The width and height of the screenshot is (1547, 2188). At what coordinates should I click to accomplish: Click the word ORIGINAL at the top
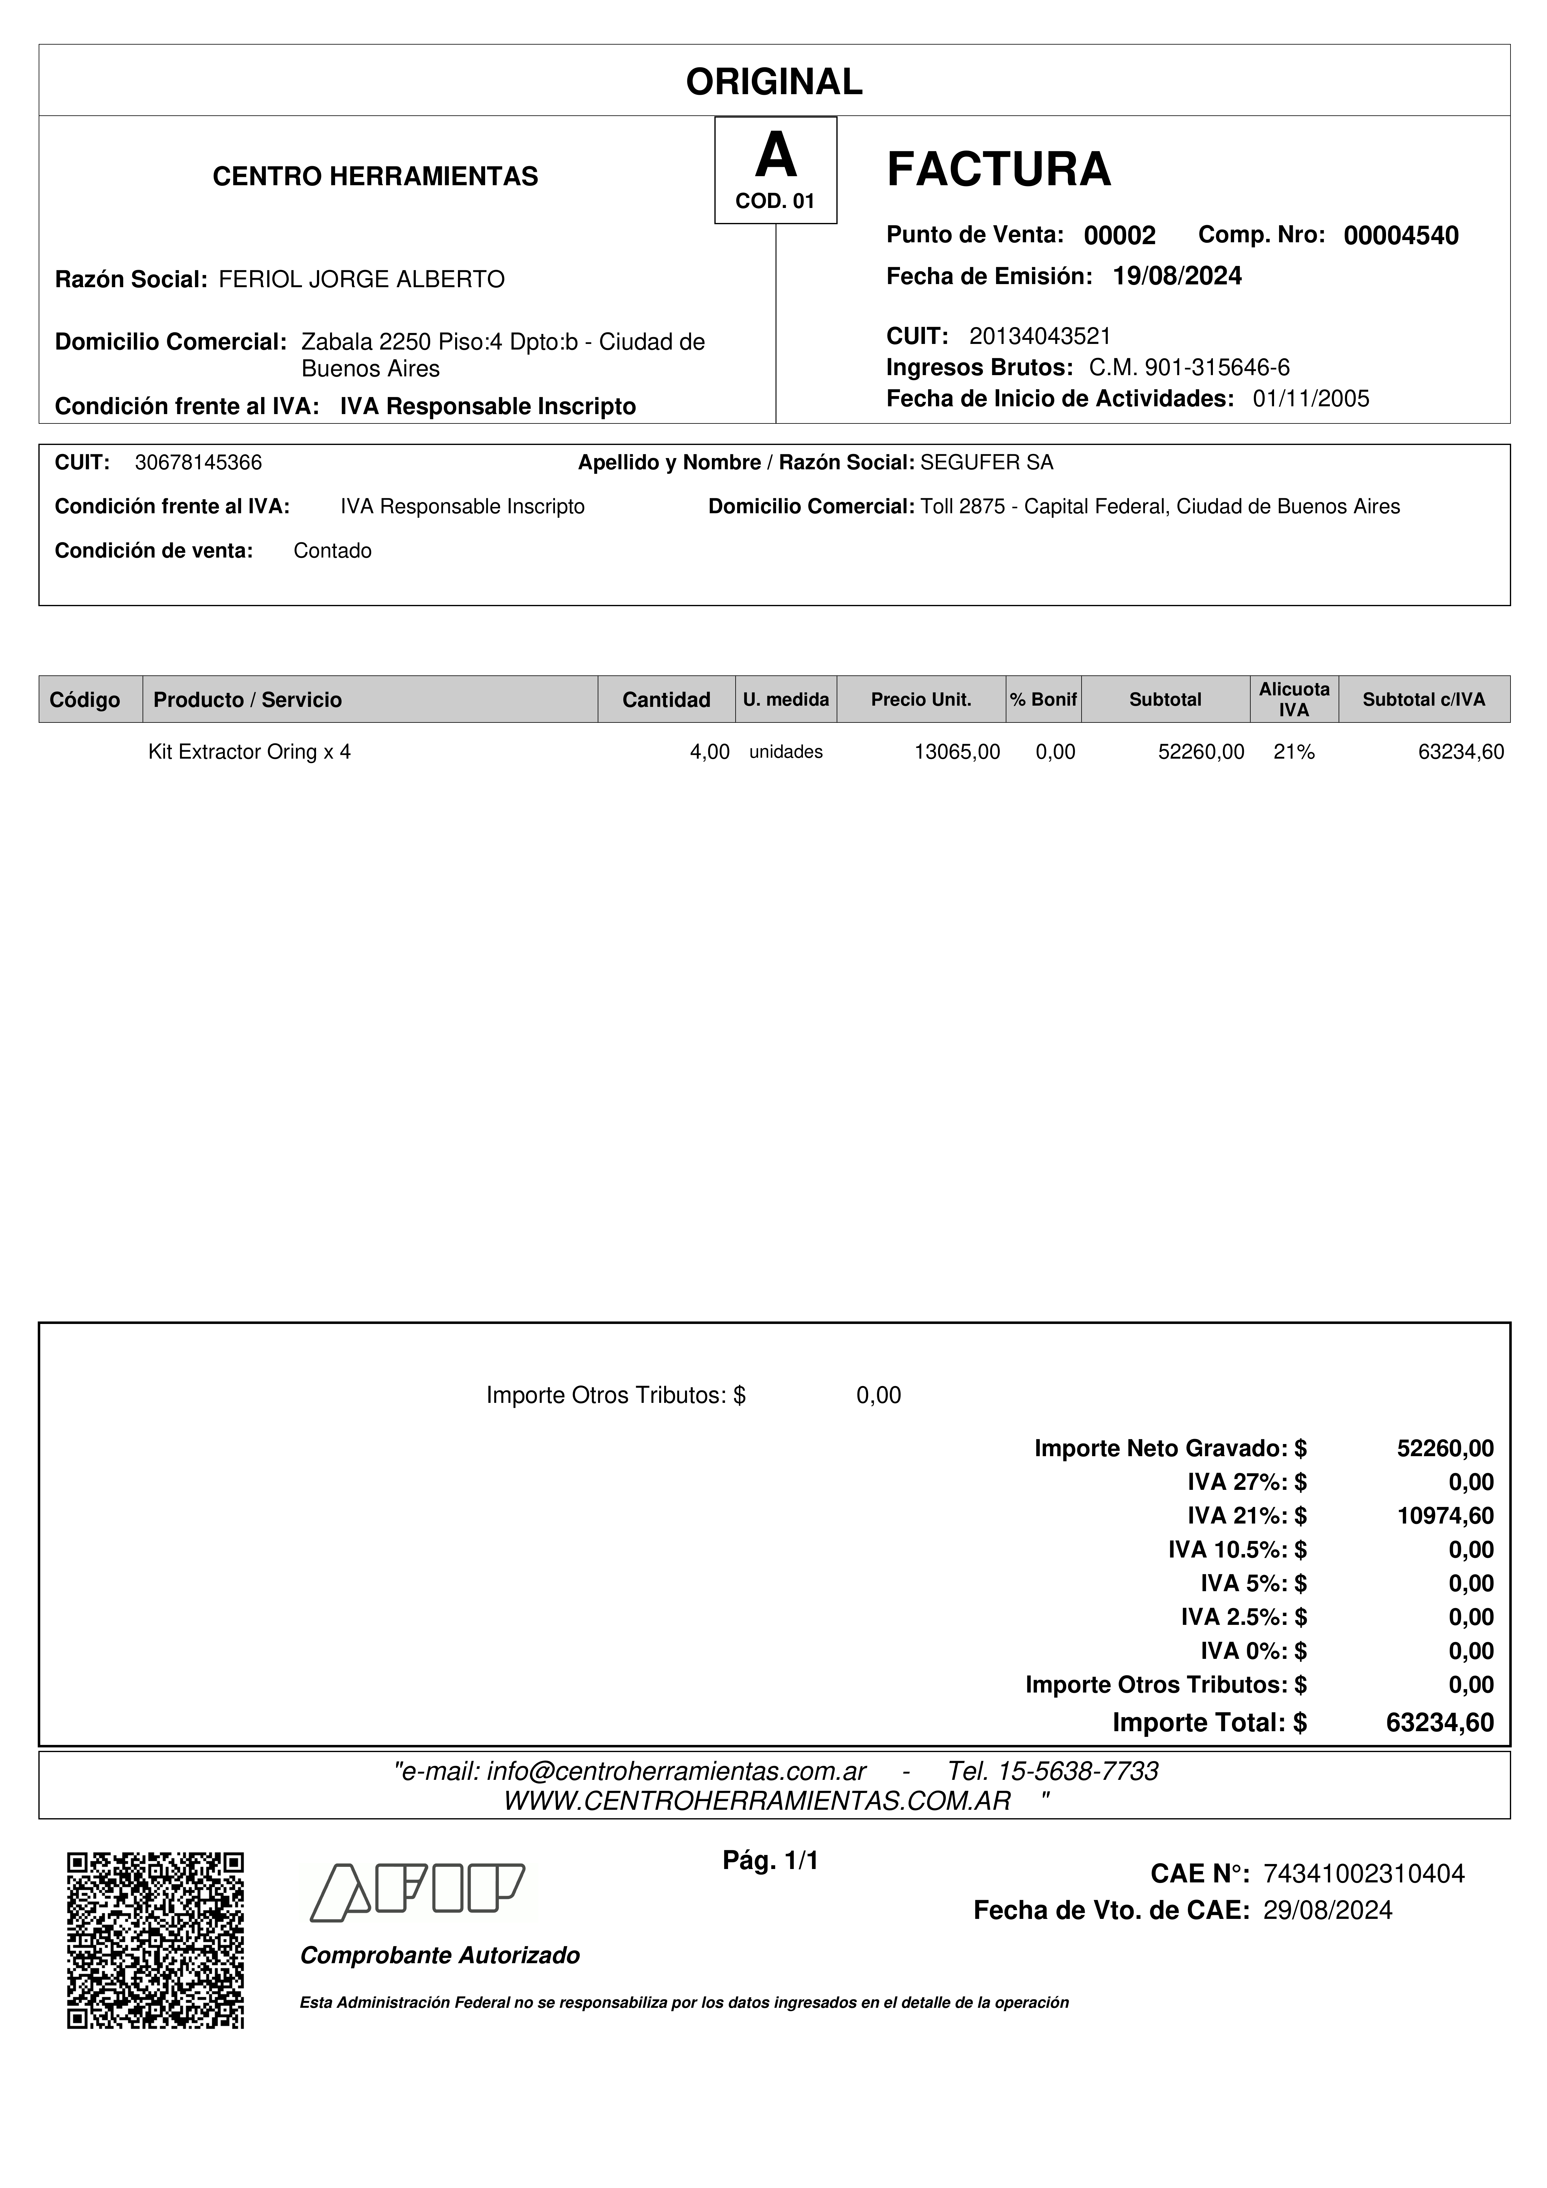tap(774, 82)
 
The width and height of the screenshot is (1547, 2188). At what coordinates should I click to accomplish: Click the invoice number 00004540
tap(1400, 235)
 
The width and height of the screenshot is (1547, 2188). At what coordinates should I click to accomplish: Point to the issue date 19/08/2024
tap(1177, 276)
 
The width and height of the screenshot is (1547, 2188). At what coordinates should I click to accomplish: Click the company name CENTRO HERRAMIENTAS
tap(376, 176)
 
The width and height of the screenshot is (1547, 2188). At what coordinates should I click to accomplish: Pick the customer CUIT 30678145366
tap(198, 463)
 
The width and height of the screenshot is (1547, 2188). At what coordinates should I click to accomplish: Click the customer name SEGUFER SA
tap(986, 463)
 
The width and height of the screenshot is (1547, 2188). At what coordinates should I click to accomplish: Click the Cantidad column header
tap(666, 699)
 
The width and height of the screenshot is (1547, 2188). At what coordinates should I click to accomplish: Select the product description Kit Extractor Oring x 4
tap(250, 752)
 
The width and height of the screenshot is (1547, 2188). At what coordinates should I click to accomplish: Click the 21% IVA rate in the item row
tap(1293, 752)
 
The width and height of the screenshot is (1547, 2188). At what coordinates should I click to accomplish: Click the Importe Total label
tap(1209, 1723)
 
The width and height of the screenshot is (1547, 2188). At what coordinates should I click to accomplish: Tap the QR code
tap(155, 1940)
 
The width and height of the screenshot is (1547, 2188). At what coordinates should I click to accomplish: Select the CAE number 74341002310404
tap(1363, 1875)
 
